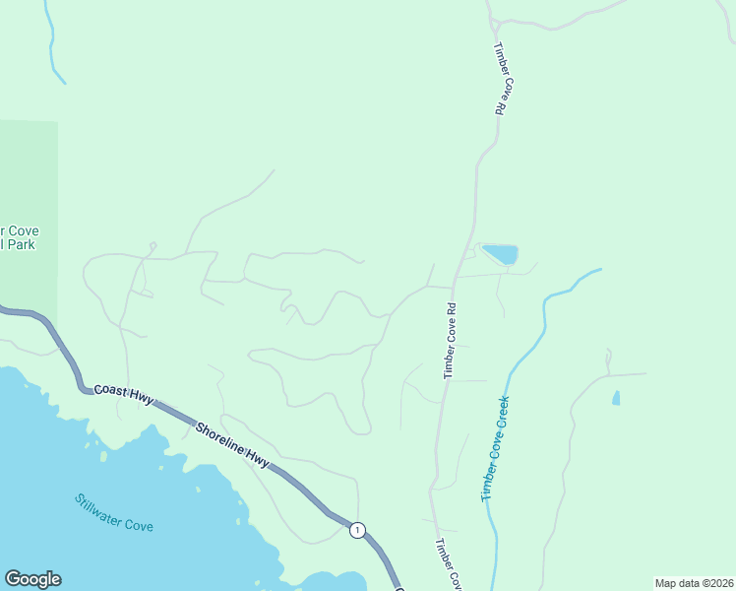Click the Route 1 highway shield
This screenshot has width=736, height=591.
tap(357, 530)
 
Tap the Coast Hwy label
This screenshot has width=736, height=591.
tap(124, 394)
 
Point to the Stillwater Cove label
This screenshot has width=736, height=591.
tap(114, 512)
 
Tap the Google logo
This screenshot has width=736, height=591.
tap(32, 579)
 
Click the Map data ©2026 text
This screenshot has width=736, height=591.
tap(694, 583)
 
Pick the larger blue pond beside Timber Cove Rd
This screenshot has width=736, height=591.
tap(500, 254)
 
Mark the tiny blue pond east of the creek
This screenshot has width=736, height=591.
tap(616, 398)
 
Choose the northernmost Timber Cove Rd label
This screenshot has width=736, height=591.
tap(500, 79)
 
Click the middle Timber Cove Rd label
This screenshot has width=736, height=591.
tap(450, 341)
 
